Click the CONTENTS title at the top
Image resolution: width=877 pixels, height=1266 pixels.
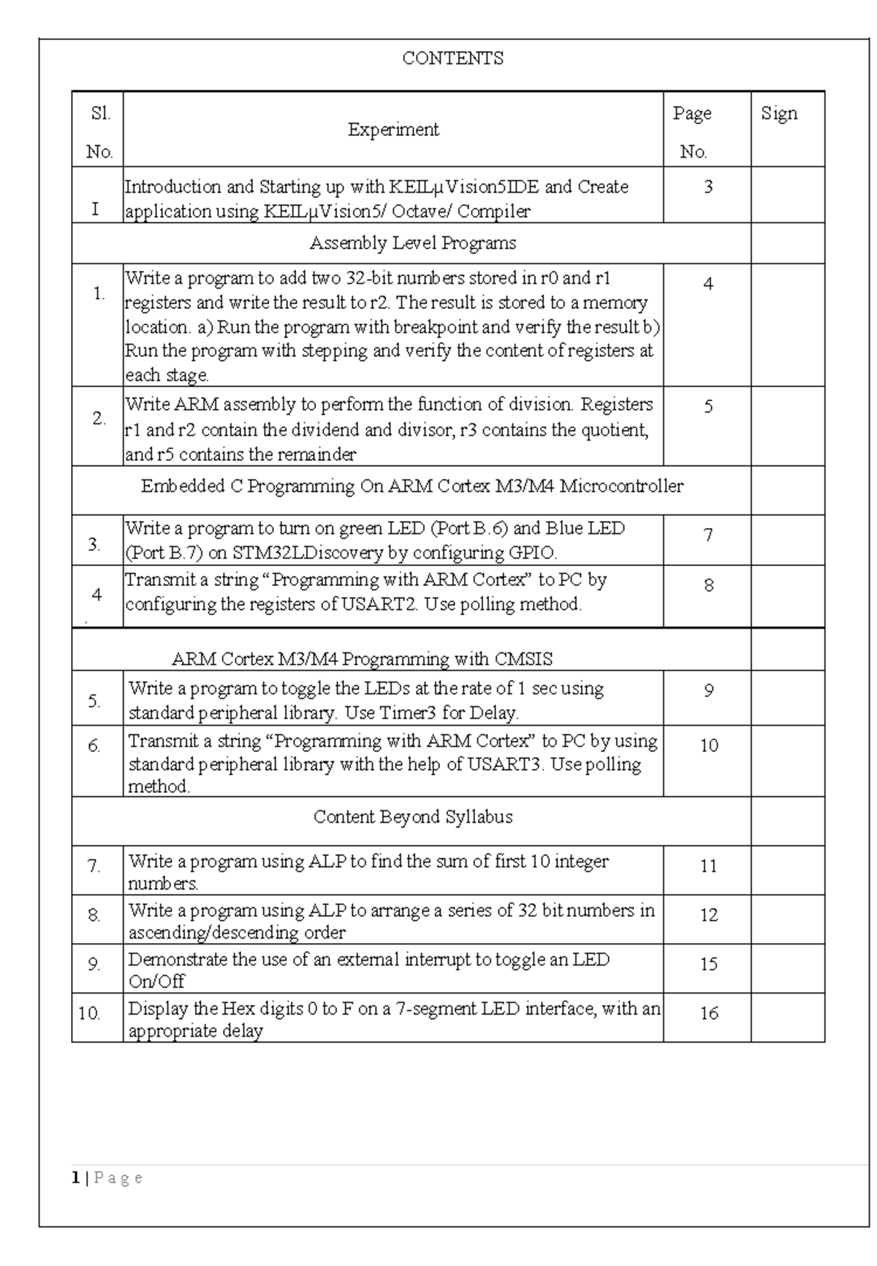coord(452,58)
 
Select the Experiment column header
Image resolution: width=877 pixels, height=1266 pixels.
coord(393,130)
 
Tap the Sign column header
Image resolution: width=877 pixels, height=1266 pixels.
coord(779,113)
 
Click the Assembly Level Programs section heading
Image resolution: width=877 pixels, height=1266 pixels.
coord(413,243)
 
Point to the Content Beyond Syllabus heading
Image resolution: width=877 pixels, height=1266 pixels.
coord(413,817)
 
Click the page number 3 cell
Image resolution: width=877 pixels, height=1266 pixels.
coord(708,187)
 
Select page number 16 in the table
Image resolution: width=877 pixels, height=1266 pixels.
coord(709,1013)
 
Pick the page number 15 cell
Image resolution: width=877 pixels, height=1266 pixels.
coord(709,964)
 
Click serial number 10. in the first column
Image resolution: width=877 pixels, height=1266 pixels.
coord(89,1013)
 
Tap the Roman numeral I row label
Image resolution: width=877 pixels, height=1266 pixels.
coord(95,210)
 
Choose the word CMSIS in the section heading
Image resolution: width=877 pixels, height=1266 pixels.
coord(523,659)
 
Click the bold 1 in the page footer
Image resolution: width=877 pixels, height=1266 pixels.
coord(75,1178)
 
